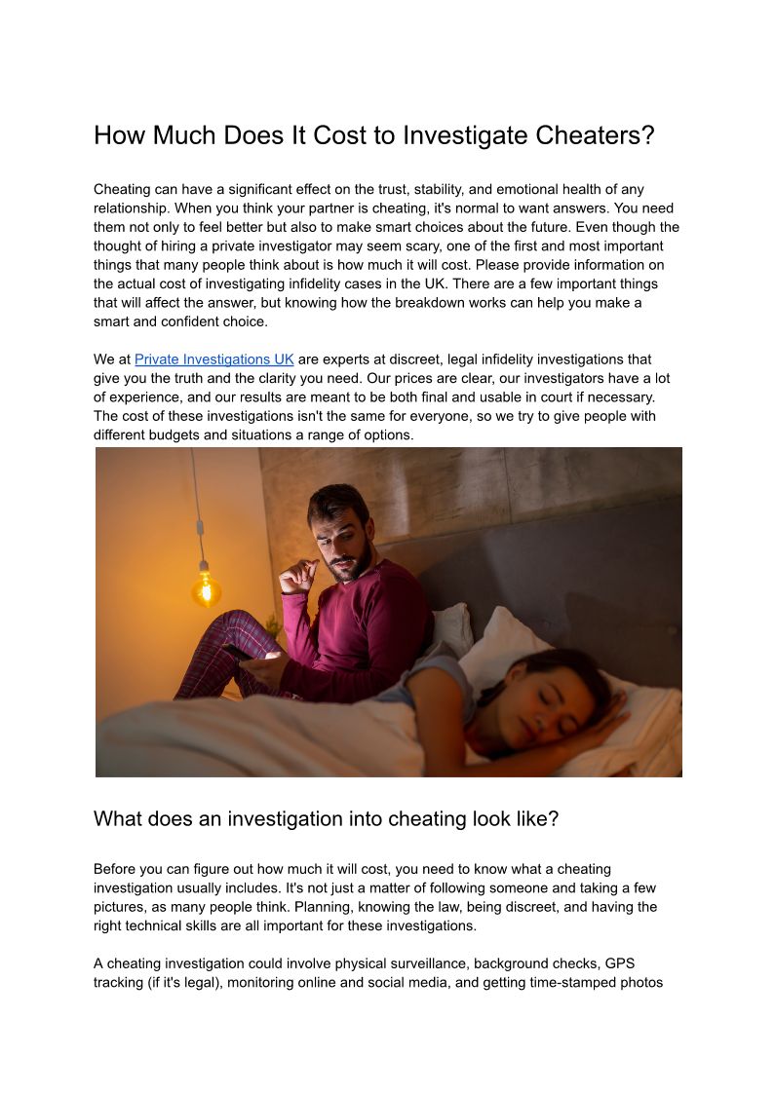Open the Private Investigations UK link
pos(213,359)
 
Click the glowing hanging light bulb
pos(205,588)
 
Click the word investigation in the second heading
pos(286,819)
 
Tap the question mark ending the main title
pos(648,135)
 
